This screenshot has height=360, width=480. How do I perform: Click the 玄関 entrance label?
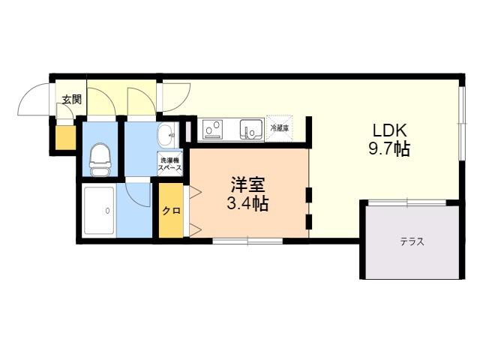pyautogui.click(x=72, y=100)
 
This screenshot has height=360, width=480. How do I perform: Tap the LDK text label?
pyautogui.click(x=390, y=130)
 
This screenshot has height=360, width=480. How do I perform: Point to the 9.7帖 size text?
pyautogui.click(x=389, y=149)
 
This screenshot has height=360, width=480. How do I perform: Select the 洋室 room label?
pyautogui.click(x=247, y=185)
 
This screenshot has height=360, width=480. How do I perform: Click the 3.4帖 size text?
pyautogui.click(x=247, y=203)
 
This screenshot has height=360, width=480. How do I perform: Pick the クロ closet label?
pyautogui.click(x=171, y=211)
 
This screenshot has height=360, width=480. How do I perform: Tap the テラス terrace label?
pyautogui.click(x=412, y=241)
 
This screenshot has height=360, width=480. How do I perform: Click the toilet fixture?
pyautogui.click(x=100, y=160)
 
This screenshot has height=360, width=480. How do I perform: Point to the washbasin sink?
pyautogui.click(x=167, y=135)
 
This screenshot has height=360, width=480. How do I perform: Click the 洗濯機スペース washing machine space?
pyautogui.click(x=170, y=163)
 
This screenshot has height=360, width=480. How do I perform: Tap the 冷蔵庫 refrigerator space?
pyautogui.click(x=279, y=128)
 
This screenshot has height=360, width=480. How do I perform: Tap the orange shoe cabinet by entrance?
pyautogui.click(x=65, y=138)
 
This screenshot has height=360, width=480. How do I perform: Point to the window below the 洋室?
pyautogui.click(x=247, y=241)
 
